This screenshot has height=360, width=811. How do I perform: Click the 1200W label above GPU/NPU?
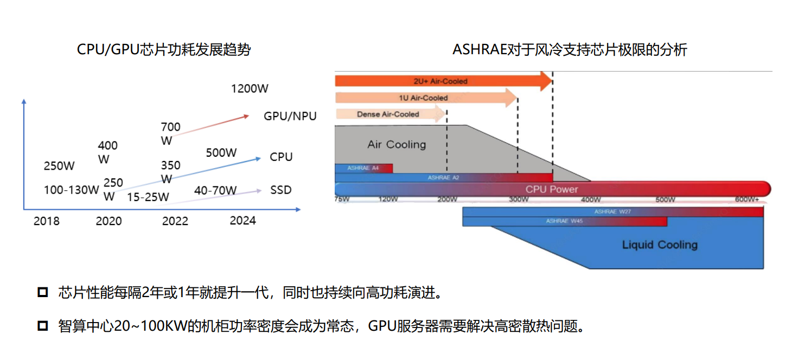click(x=250, y=88)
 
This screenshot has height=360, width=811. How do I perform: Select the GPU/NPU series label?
click(x=290, y=116)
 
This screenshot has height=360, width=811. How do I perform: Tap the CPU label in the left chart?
click(x=281, y=157)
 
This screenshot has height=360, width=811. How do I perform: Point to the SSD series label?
click(x=280, y=190)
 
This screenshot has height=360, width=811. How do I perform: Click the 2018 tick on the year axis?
click(x=47, y=221)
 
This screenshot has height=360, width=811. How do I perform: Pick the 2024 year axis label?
click(x=242, y=221)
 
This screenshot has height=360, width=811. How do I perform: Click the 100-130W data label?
click(x=72, y=190)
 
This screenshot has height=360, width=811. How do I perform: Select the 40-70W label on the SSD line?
click(x=215, y=190)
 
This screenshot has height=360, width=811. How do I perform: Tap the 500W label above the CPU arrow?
click(x=221, y=153)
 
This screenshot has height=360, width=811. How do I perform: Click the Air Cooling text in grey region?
click(x=397, y=144)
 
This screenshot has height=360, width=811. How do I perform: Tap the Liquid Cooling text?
click(x=659, y=245)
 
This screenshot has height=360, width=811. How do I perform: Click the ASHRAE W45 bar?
click(x=564, y=221)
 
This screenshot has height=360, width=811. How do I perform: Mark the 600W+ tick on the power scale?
click(x=746, y=200)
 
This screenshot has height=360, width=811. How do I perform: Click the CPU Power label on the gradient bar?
click(x=552, y=189)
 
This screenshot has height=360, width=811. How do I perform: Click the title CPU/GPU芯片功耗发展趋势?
click(x=164, y=50)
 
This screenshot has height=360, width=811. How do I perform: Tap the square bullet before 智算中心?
click(x=43, y=326)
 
